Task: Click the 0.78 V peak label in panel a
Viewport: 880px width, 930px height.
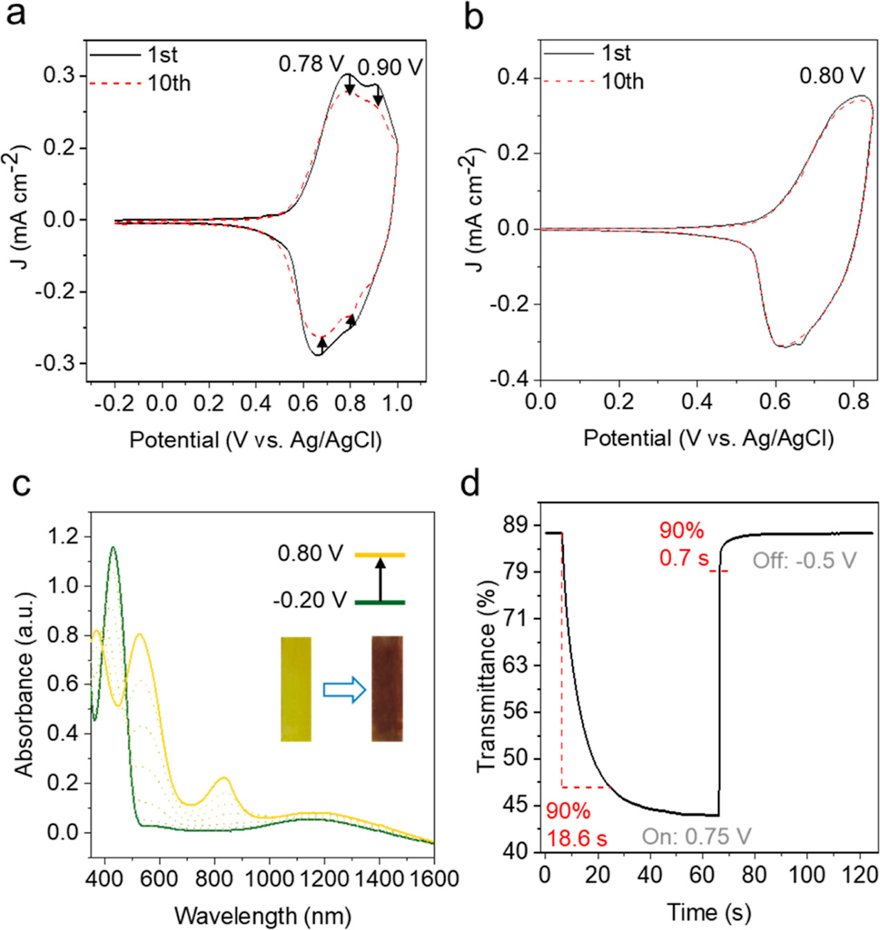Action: coord(311,64)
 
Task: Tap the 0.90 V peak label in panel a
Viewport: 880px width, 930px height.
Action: coord(390,67)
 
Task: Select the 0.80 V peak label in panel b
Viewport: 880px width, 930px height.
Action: coord(832,75)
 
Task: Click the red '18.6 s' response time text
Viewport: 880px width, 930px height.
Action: coord(577,839)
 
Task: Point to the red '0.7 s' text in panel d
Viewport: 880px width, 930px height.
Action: coord(684,558)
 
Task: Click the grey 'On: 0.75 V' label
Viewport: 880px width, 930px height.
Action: coord(696,837)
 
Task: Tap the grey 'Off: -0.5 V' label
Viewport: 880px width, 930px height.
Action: coord(805,560)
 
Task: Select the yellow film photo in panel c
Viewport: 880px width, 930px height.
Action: coord(296,689)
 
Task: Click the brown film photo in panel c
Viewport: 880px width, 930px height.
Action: coord(387,689)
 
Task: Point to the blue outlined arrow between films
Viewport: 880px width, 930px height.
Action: coord(345,690)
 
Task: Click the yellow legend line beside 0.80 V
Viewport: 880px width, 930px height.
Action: coord(380,555)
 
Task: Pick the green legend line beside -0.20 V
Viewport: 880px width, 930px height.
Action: coord(380,603)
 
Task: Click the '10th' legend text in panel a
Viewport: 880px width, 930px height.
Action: coord(168,84)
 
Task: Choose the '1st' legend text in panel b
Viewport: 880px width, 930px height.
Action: coord(616,53)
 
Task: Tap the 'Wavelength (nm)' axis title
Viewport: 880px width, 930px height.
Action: coord(262,915)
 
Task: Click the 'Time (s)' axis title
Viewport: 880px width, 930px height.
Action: coord(708,913)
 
